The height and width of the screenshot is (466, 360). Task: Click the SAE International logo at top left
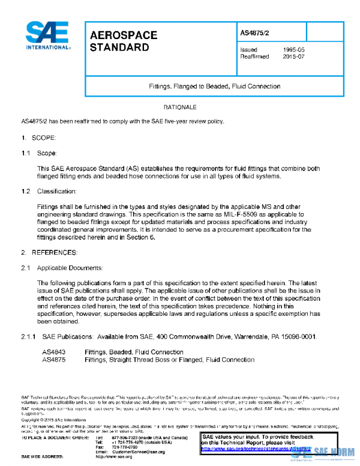pos(47,35)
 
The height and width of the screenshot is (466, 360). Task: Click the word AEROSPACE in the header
pos(124,35)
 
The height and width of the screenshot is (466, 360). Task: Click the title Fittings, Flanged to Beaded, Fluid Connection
pos(214,86)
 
